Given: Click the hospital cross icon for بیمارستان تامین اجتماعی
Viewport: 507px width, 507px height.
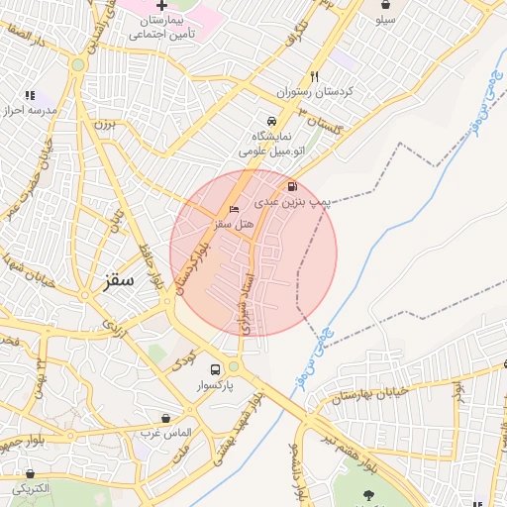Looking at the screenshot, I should point(161,6).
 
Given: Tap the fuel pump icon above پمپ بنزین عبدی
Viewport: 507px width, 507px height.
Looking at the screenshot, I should point(291,186).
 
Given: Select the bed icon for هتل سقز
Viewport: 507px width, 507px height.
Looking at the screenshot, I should point(234,209).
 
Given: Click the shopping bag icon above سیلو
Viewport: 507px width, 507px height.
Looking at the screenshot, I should point(385,5).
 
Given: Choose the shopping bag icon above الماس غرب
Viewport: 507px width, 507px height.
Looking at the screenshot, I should point(164,418).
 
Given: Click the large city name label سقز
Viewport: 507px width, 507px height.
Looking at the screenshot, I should point(118,281).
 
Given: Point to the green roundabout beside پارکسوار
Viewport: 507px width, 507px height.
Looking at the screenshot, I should point(234,366).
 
